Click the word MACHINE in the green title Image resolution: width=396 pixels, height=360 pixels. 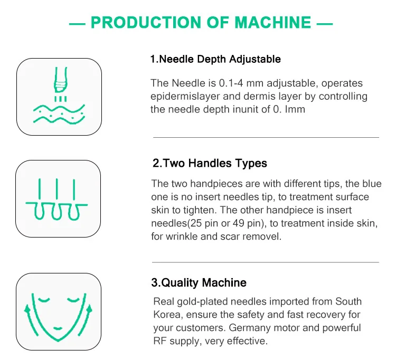[272, 22]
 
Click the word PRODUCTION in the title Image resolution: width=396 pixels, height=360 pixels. [143, 22]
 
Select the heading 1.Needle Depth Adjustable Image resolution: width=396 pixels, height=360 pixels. [215, 59]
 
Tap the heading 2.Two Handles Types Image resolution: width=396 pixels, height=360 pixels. [210, 163]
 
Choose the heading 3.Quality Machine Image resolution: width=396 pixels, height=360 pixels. [199, 282]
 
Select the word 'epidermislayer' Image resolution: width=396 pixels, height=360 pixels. [183, 97]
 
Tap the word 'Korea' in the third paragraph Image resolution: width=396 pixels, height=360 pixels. [166, 315]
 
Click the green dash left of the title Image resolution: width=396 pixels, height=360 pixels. [77, 23]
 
